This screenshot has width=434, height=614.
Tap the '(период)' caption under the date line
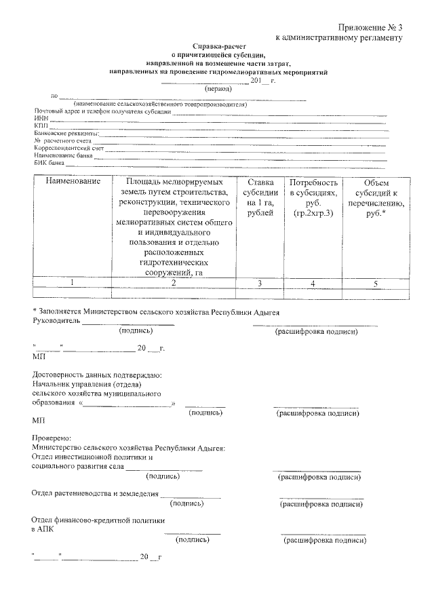(x=218, y=88)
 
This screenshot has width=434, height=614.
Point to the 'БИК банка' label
(x=50, y=163)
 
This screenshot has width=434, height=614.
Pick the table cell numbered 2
(x=174, y=283)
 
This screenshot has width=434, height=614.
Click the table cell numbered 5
(x=375, y=283)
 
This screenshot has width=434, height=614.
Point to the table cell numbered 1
(x=73, y=283)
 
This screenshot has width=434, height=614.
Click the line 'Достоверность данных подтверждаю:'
(x=98, y=375)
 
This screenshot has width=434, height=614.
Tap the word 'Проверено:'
(x=51, y=438)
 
